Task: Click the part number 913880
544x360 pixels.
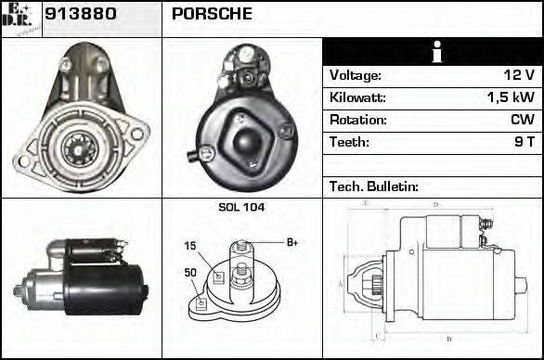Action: [77, 14]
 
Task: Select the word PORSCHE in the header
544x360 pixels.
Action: [212, 14]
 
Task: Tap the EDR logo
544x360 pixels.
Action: [20, 18]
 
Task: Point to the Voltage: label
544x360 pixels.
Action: [356, 76]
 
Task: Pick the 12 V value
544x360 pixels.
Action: [520, 76]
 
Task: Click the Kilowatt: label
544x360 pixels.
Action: [358, 97]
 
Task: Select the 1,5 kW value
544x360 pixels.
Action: [511, 97]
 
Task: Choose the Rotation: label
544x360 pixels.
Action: [358, 120]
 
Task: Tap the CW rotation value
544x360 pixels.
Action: [523, 120]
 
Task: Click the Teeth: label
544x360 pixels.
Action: [349, 142]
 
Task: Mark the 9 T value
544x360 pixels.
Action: [525, 142]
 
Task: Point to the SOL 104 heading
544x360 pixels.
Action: [241, 207]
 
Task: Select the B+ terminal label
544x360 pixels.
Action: [291, 243]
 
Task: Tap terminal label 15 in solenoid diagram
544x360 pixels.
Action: [189, 247]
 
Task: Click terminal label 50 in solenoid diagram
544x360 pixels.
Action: [189, 274]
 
